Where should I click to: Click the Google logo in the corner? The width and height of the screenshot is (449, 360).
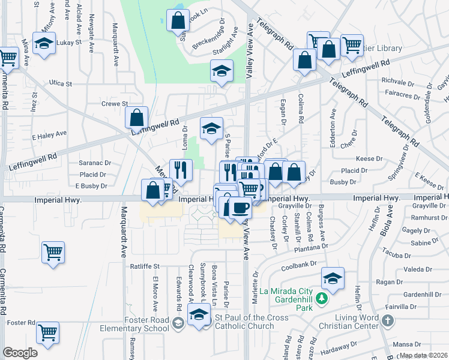(x=20, y=352)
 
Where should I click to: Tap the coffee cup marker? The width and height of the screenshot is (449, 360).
(x=240, y=207)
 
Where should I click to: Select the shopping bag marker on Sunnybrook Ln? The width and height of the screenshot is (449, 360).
(x=178, y=21)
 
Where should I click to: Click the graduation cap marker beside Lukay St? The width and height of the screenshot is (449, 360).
(x=44, y=43)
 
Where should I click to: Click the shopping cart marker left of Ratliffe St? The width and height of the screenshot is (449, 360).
(x=53, y=252)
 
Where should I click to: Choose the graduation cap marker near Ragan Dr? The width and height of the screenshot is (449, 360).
(x=333, y=278)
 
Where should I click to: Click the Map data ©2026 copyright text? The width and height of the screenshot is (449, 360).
(x=423, y=355)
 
